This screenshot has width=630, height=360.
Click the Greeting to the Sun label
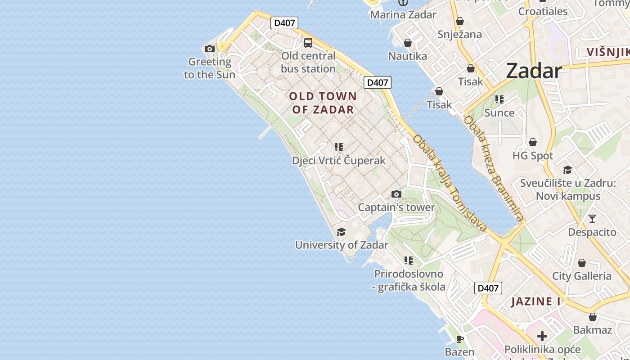[x=210, y=68]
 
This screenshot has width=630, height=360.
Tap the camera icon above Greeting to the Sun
[x=209, y=49]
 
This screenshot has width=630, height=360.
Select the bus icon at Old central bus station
[x=308, y=43]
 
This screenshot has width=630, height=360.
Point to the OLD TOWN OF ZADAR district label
[x=323, y=103]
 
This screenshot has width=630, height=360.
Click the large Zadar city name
[x=534, y=71]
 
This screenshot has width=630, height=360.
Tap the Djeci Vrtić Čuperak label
[x=338, y=161]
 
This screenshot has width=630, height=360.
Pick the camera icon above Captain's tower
[x=396, y=194]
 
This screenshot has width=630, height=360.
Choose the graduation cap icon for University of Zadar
[x=341, y=232]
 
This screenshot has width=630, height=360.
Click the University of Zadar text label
[x=341, y=245]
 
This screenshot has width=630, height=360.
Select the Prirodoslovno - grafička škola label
[x=409, y=280]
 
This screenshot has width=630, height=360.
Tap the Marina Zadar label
[x=403, y=14]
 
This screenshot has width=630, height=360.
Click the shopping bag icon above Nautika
[x=407, y=43]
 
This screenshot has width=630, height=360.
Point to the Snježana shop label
[x=460, y=34]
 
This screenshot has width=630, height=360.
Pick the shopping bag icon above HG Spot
[x=533, y=143]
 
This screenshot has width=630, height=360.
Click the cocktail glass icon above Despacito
[x=592, y=219]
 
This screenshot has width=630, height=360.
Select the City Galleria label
[x=582, y=276]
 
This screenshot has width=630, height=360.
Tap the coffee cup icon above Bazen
[x=459, y=339]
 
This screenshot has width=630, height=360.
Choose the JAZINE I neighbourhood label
[x=536, y=301]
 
